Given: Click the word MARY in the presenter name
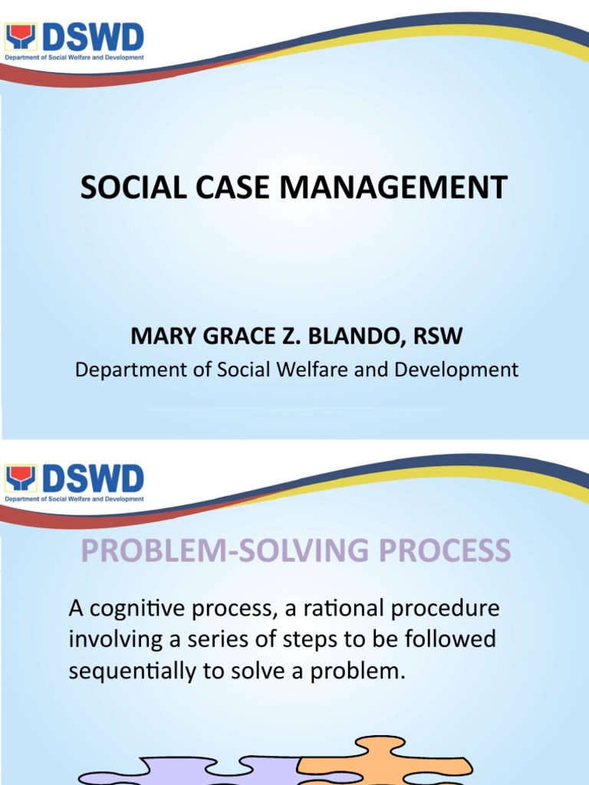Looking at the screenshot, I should pyautogui.click(x=156, y=336).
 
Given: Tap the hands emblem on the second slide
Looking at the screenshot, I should pyautogui.click(x=20, y=479).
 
